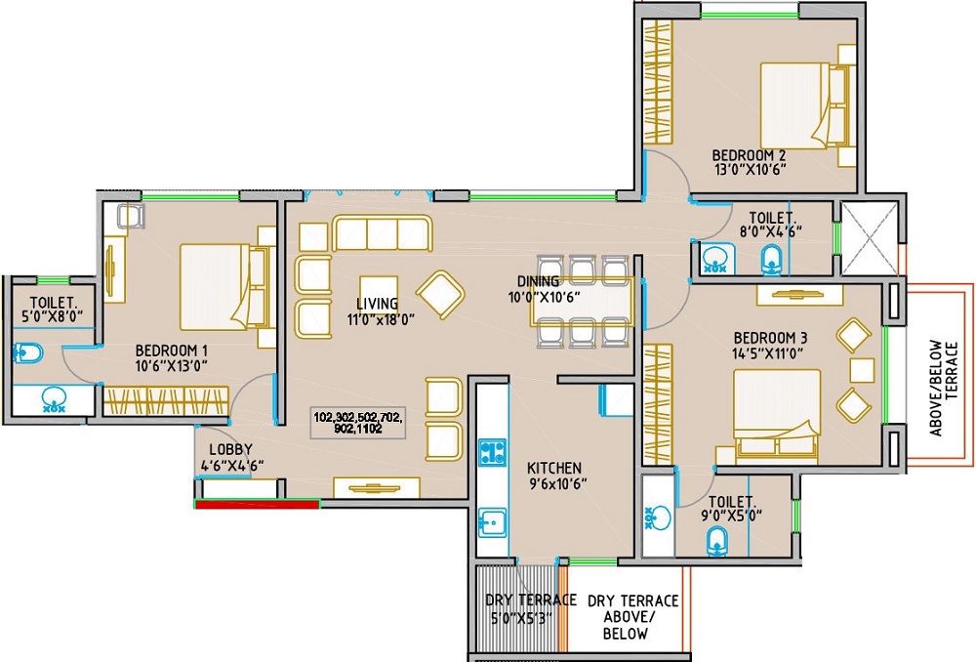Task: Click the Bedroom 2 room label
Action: [x=749, y=155]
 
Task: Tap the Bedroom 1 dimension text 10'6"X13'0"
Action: [x=172, y=366]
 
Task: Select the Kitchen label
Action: [x=553, y=468]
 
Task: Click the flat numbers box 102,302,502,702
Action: [x=358, y=422]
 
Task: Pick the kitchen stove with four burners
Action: [x=491, y=452]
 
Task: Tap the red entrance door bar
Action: [x=258, y=504]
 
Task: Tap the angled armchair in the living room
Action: [x=440, y=292]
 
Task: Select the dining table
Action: [x=583, y=301]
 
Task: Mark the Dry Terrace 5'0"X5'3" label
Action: [x=519, y=608]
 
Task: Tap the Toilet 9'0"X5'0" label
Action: [x=735, y=508]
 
